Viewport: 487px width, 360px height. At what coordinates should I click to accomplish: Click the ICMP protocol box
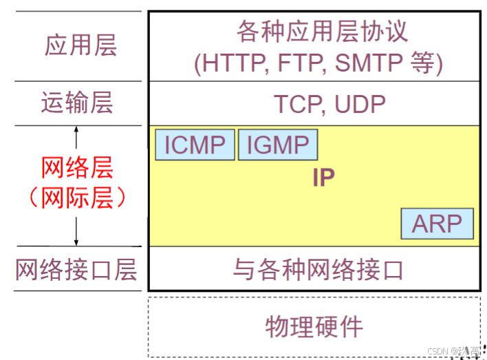(195, 145)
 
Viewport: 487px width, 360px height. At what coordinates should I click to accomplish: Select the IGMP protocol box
(278, 145)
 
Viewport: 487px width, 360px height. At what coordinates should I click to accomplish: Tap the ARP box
(437, 224)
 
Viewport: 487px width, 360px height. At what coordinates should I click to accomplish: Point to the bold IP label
(323, 178)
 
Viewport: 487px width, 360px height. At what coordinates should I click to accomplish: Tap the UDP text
(360, 104)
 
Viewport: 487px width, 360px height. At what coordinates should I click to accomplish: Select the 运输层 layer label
(76, 103)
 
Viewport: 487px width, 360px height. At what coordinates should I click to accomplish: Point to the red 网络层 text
(76, 168)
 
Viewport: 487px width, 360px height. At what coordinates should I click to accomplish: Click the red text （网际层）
(76, 198)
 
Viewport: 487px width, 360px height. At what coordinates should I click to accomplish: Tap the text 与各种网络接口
(317, 269)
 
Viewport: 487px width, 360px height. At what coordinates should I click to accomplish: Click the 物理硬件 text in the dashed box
(314, 326)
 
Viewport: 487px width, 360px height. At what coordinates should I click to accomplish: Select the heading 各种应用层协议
(322, 31)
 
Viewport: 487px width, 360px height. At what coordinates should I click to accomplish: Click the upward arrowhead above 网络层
(76, 129)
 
